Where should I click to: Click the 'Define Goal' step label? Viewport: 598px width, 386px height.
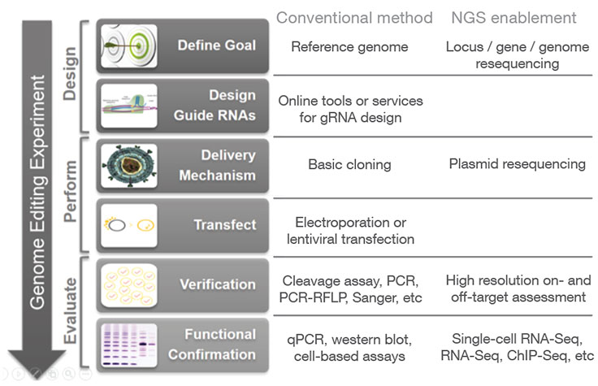215,46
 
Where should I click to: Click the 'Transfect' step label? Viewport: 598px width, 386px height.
224,224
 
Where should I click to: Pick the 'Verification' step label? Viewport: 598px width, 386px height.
217,284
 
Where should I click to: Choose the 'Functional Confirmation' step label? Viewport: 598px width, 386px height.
214,344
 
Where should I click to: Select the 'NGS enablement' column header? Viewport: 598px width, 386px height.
513,17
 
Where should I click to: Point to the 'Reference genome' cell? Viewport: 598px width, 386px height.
349,46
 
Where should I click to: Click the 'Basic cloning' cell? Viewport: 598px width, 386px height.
349,164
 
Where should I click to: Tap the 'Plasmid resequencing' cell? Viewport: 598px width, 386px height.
517,164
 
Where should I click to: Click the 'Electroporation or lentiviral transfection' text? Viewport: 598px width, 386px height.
349,230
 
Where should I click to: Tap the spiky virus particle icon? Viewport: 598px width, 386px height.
129,167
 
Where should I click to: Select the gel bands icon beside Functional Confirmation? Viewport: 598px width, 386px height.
129,345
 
